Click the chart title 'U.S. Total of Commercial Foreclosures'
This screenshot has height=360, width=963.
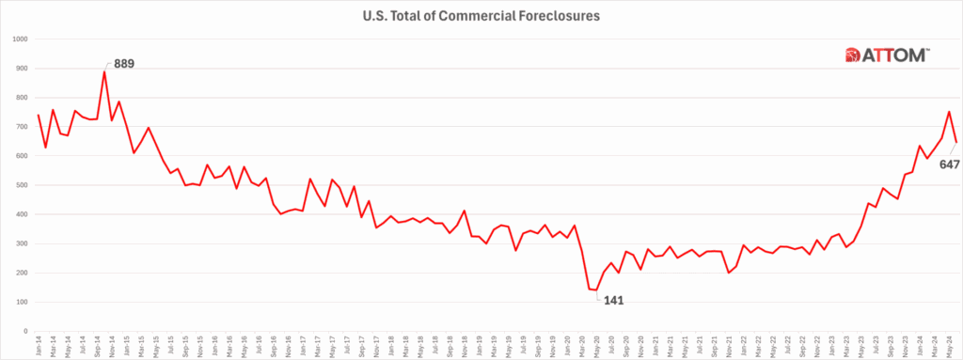pyautogui.click(x=481, y=15)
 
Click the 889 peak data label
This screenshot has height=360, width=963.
pyautogui.click(x=124, y=65)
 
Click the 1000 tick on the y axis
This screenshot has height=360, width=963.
pyautogui.click(x=20, y=39)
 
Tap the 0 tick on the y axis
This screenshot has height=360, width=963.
pyautogui.click(x=27, y=331)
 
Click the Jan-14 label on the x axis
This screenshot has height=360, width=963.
pyautogui.click(x=39, y=345)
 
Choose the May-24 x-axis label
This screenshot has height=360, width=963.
pyautogui.click(x=949, y=345)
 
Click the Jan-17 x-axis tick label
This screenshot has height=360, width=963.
pyautogui.click(x=303, y=345)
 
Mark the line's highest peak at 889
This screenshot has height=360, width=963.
pyautogui.click(x=104, y=71)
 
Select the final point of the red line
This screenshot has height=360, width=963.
pyautogui.click(x=956, y=143)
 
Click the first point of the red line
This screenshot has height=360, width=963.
pyautogui.click(x=39, y=116)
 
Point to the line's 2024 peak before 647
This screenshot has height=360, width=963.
pyautogui.click(x=949, y=112)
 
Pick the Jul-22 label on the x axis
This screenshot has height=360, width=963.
pyautogui.click(x=788, y=345)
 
